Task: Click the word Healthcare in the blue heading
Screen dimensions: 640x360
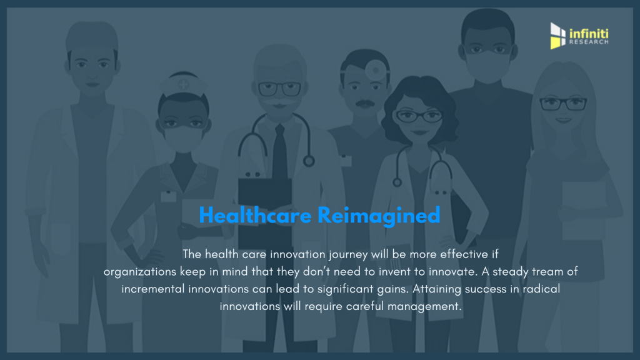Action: (255, 215)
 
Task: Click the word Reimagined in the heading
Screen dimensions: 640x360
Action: (379, 216)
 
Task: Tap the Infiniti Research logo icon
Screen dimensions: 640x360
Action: (557, 36)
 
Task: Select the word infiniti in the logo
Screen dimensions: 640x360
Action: (589, 34)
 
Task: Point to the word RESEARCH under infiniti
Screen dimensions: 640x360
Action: (589, 42)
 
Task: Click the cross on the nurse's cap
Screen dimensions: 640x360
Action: (183, 84)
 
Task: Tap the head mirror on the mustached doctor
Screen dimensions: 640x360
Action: (376, 70)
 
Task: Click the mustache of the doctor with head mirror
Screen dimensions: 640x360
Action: (365, 104)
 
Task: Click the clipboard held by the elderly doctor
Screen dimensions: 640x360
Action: (264, 212)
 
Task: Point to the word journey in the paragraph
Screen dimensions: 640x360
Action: (347, 254)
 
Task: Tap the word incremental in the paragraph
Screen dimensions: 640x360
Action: (153, 289)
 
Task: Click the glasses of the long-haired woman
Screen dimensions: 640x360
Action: (563, 104)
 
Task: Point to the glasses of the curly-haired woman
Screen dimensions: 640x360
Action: (419, 117)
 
